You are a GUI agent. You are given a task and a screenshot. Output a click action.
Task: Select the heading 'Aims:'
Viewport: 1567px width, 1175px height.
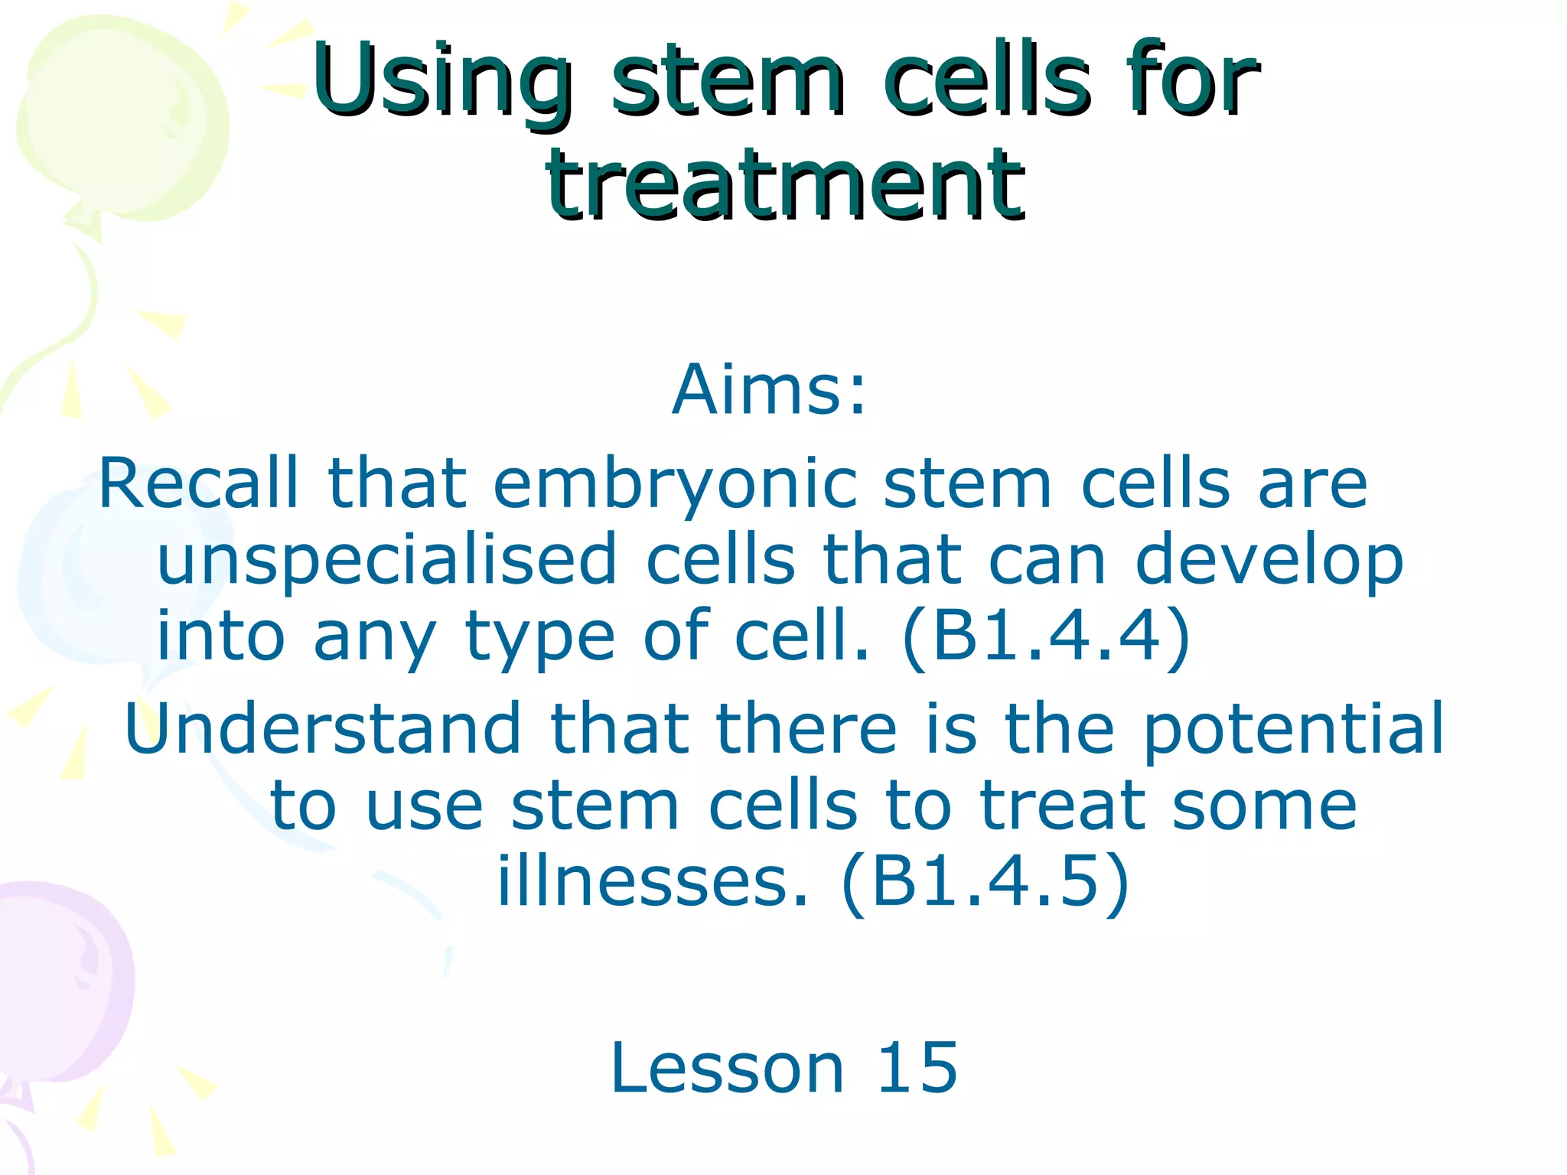click(x=770, y=390)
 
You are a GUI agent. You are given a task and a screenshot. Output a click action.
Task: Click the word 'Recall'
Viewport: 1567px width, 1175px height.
click(x=198, y=483)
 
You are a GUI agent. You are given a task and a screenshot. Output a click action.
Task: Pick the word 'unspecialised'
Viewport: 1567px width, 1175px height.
click(x=386, y=561)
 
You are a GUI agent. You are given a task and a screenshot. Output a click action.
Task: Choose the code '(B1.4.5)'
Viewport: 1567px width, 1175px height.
click(x=985, y=881)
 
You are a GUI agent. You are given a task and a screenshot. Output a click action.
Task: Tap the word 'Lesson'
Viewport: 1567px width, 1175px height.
click(x=727, y=1068)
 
